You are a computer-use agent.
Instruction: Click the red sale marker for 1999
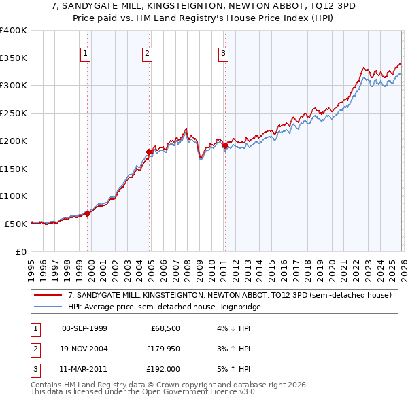pos(87,213)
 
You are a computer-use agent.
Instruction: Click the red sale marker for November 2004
pos(150,152)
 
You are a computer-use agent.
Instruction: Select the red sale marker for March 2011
pos(225,145)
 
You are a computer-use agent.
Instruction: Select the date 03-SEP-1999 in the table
pos(84,328)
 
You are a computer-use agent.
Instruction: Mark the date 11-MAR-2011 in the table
pos(84,369)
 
